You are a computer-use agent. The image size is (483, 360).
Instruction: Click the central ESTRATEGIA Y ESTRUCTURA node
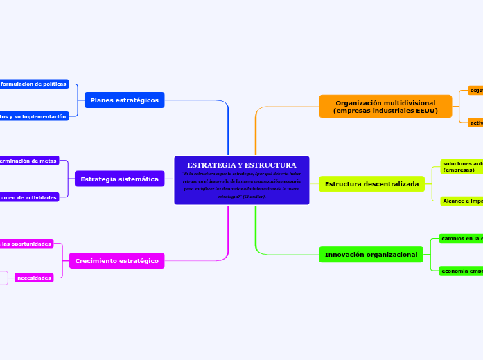241,181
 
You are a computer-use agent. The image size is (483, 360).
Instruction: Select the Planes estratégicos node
124,100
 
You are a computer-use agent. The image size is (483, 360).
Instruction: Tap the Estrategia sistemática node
119,179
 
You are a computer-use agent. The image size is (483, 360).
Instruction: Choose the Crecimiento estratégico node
116,261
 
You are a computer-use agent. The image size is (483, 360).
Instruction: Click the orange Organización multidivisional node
385,107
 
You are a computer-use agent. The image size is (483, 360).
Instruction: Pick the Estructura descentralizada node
371,184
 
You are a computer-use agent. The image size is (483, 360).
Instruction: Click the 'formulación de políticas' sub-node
34,84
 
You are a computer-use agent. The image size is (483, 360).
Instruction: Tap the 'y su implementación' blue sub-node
34,117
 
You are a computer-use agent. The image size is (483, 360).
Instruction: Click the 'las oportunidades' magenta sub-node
26,244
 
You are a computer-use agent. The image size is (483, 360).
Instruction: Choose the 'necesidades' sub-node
34,278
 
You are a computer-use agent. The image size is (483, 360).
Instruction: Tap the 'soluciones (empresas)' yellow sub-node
462,166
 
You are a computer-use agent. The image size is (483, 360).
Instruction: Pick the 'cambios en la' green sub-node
462,238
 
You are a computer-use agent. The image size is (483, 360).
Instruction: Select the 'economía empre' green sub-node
462,271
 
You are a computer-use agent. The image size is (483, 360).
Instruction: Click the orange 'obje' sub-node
475,91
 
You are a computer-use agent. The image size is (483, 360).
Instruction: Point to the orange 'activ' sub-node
475,123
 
